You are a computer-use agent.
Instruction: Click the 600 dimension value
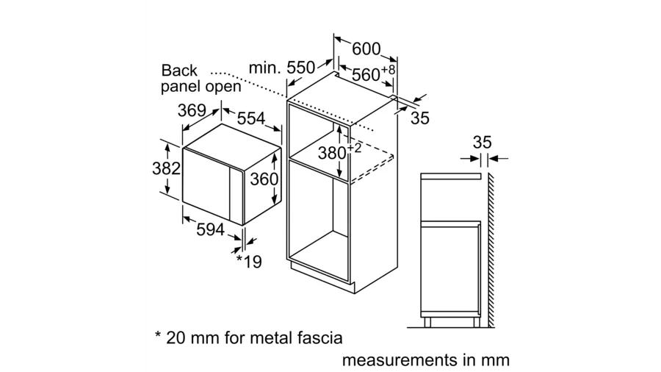(366, 49)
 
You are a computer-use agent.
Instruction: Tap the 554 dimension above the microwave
(251, 118)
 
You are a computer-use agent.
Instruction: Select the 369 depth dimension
(192, 110)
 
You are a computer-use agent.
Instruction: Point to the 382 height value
(166, 168)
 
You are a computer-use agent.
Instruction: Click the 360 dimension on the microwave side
(264, 179)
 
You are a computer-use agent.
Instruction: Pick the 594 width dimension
(210, 229)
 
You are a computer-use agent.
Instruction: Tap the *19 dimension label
(249, 262)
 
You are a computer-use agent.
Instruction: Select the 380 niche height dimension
(340, 151)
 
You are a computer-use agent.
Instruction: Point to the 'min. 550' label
(281, 68)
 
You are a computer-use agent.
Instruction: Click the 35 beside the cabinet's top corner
(420, 118)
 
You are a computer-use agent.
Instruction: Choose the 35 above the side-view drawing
(482, 142)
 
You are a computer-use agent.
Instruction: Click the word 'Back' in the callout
(179, 71)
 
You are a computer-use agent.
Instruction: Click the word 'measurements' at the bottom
(400, 360)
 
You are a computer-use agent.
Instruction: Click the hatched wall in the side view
(491, 250)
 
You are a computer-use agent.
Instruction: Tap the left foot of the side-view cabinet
(427, 322)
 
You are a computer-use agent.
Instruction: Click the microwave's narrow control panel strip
(236, 196)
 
